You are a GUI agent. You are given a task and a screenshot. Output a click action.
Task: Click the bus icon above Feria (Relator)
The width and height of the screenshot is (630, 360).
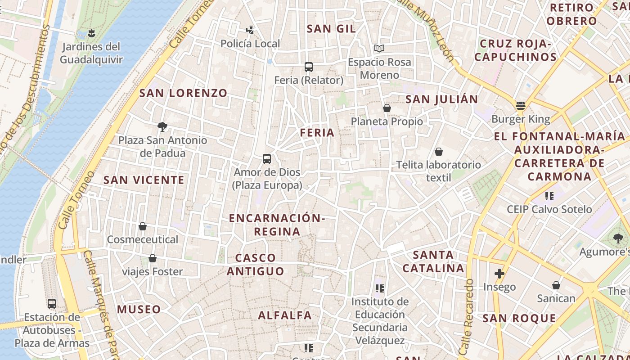pyautogui.click(x=308, y=67)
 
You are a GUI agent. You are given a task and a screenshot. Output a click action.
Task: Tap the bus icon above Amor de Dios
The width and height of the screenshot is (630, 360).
pyautogui.click(x=267, y=159)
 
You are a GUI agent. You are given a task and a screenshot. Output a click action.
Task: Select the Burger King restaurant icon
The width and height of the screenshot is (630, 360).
pyautogui.click(x=521, y=106)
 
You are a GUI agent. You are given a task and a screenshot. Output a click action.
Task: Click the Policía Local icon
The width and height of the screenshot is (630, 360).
pyautogui.click(x=250, y=30)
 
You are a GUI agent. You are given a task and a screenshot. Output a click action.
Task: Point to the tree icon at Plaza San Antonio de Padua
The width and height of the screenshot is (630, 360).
pyautogui.click(x=162, y=127)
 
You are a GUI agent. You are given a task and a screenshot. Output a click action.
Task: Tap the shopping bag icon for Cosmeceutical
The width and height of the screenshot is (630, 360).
pyautogui.click(x=143, y=226)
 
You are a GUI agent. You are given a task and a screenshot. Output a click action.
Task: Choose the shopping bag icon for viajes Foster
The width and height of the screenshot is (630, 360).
pyautogui.click(x=153, y=258)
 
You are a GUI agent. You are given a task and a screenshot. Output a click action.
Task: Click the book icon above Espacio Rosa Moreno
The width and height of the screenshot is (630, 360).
pyautogui.click(x=379, y=48)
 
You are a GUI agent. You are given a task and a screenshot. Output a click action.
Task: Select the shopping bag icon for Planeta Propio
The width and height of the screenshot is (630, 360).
pyautogui.click(x=387, y=108)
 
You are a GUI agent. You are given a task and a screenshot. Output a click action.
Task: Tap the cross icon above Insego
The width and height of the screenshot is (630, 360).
pyautogui.click(x=499, y=273)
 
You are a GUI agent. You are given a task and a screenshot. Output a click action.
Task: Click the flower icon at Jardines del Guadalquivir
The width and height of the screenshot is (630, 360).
pyautogui.click(x=91, y=33)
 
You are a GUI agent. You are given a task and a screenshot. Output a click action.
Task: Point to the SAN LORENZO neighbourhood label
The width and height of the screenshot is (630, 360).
pyautogui.click(x=183, y=93)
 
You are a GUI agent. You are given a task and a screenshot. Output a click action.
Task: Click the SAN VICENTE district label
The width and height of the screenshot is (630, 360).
pyautogui.click(x=144, y=180)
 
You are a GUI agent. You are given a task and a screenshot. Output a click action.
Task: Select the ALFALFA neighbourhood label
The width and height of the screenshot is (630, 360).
pyautogui.click(x=285, y=315)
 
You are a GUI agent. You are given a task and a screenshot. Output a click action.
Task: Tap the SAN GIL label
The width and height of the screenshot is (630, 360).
pyautogui.click(x=331, y=29)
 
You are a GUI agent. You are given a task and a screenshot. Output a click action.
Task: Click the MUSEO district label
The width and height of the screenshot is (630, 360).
pyautogui.click(x=139, y=309)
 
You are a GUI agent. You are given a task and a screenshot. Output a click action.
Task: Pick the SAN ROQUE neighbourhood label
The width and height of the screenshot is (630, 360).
pyautogui.click(x=519, y=319)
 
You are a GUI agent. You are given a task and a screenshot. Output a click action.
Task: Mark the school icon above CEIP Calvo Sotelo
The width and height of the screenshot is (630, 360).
pyautogui.click(x=549, y=196)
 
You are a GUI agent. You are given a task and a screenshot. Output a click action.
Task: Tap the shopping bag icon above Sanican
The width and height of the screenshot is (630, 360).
pyautogui.click(x=556, y=285)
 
